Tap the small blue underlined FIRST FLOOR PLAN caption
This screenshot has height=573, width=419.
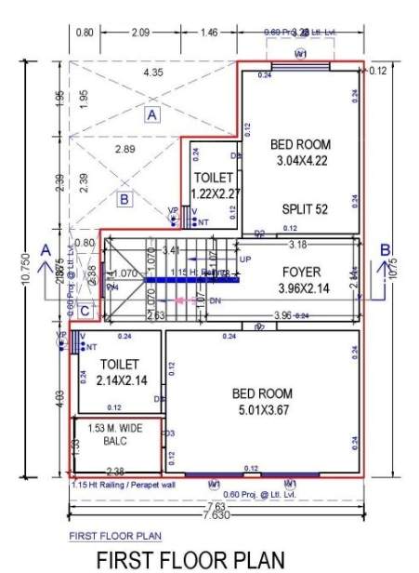(x=115, y=536)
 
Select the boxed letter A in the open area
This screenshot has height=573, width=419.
(x=152, y=114)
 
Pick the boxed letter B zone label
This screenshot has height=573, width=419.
(x=124, y=198)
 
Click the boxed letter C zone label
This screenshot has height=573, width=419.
(x=85, y=312)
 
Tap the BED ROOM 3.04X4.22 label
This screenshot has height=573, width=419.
(x=298, y=153)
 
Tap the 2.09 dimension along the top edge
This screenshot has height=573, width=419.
(x=141, y=33)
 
